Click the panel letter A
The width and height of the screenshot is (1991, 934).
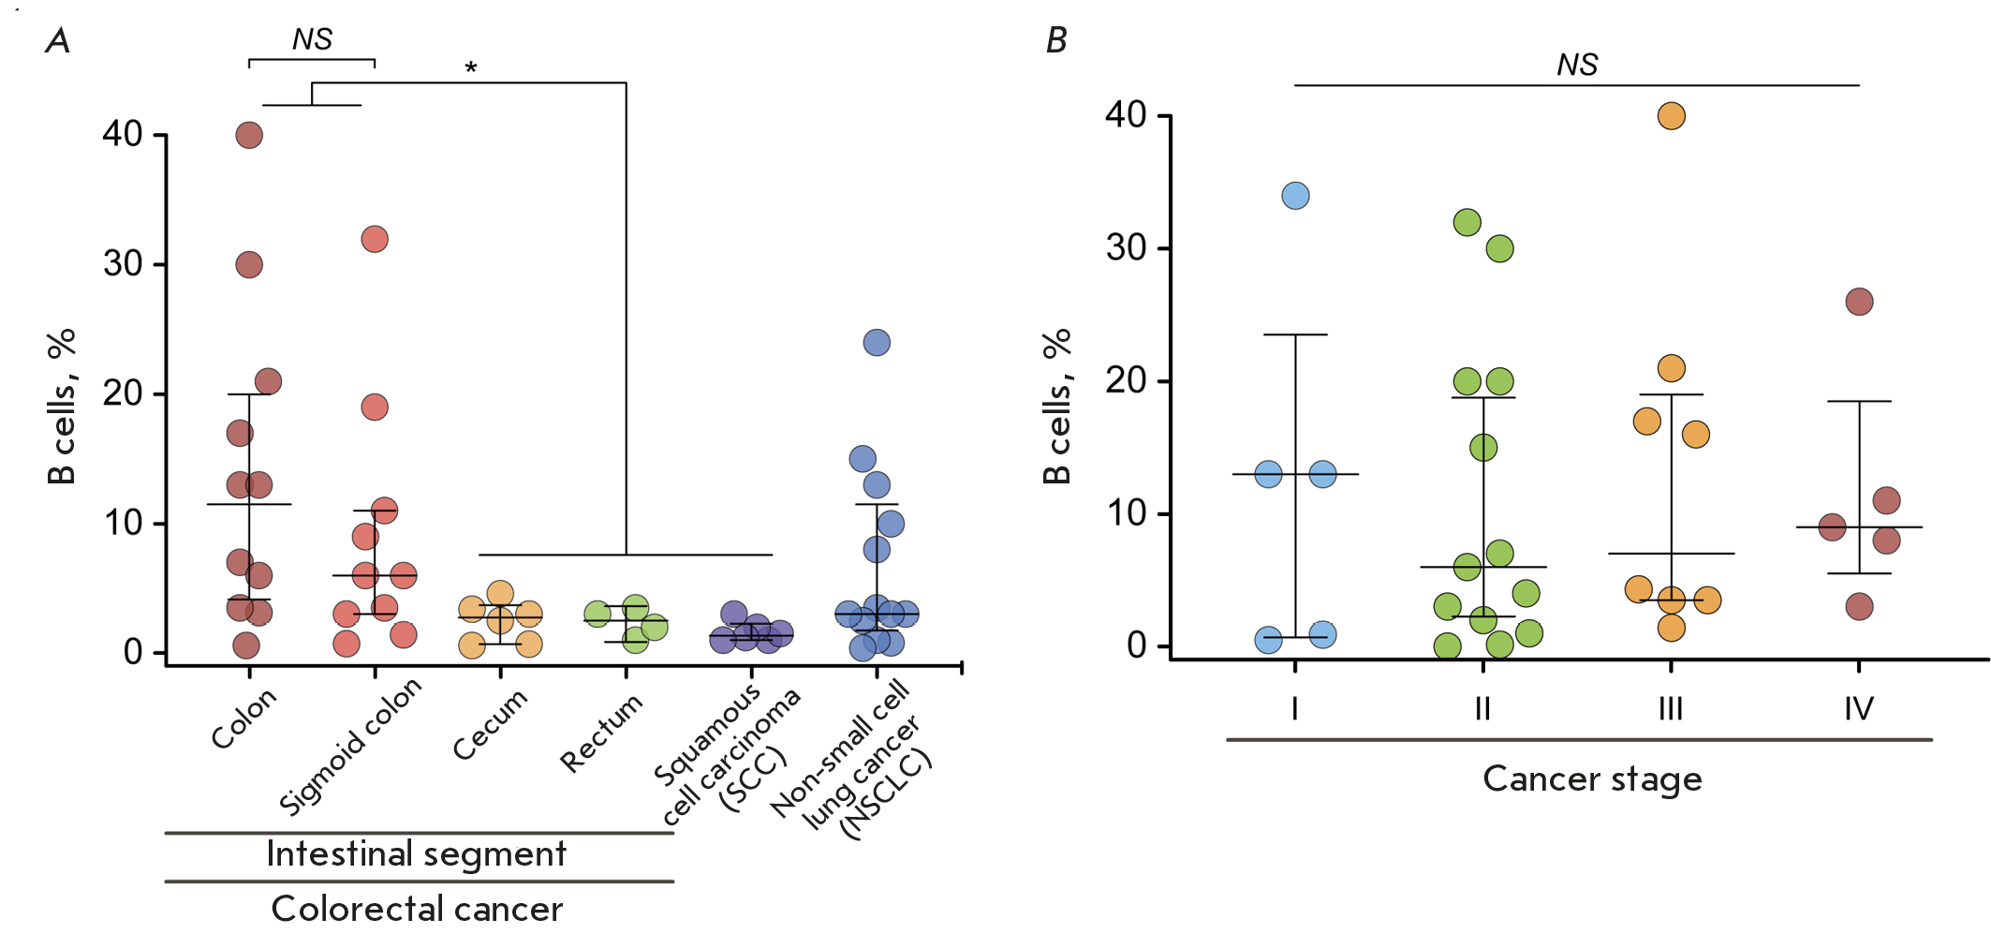(58, 40)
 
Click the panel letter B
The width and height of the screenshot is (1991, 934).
(1056, 40)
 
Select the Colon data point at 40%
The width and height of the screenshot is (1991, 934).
(249, 135)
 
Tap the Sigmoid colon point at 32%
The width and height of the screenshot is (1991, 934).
(375, 239)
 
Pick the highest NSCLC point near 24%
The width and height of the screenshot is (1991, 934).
(877, 343)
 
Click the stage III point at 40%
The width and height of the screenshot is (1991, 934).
(1672, 116)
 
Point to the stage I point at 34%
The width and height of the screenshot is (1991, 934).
(1295, 196)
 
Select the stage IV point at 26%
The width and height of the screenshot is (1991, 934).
(1859, 302)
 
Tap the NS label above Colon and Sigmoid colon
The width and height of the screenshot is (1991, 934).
(312, 39)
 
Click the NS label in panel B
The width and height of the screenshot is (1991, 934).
(1577, 65)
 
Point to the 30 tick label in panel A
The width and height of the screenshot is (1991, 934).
(123, 264)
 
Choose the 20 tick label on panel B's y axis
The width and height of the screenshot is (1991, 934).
(1126, 380)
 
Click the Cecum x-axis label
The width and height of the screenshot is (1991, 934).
(491, 726)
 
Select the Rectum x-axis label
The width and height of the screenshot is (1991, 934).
(601, 733)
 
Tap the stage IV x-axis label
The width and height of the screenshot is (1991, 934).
(1859, 709)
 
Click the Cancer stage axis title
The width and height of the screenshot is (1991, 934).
(1592, 778)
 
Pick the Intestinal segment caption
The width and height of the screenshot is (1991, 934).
(417, 854)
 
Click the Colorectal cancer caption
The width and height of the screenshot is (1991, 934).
(417, 909)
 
